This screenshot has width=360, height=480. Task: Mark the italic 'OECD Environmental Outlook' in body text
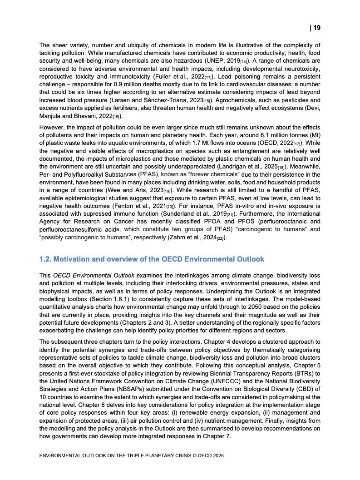(x=90, y=276)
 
